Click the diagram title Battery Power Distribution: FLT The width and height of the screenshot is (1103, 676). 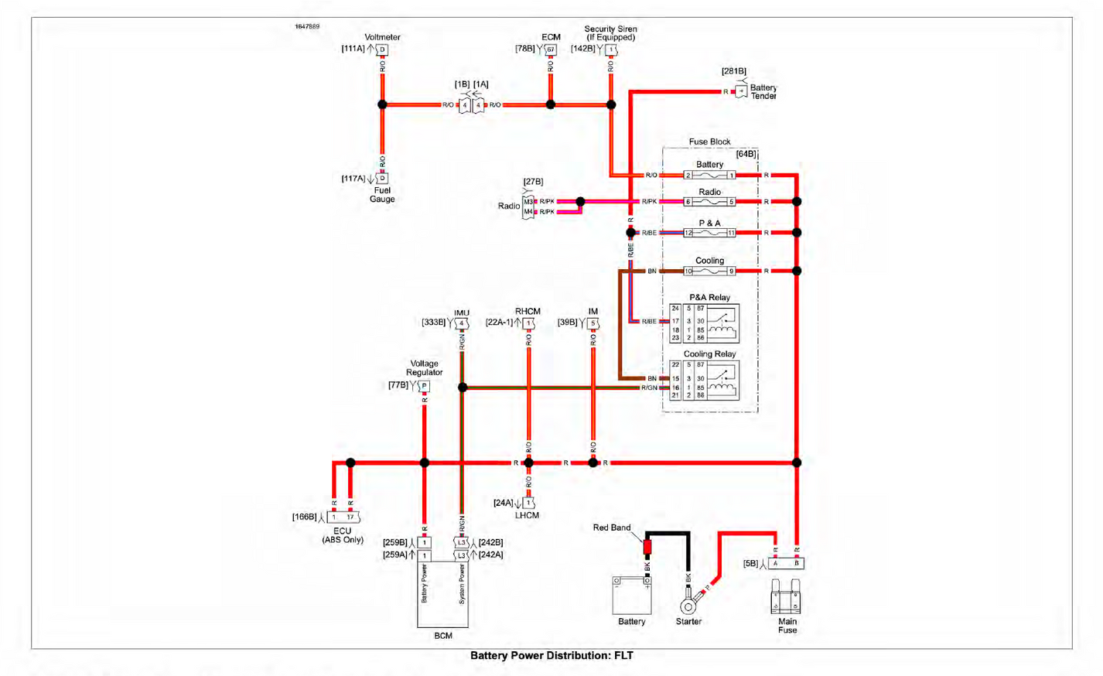pos(551,656)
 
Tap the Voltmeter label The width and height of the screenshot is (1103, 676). pos(382,37)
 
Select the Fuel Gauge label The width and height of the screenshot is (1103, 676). pos(382,195)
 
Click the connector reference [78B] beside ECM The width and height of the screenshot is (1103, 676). pos(525,49)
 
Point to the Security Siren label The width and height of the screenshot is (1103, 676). pos(610,33)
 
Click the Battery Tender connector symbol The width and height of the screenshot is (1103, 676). pos(741,91)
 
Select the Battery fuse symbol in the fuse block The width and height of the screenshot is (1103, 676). pos(709,176)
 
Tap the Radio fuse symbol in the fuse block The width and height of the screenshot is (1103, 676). pos(709,202)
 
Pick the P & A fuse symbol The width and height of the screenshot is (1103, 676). pos(709,233)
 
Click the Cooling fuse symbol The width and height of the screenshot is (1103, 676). pos(709,271)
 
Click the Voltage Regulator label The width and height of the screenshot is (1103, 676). pos(424,368)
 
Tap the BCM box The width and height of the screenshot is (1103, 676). pos(442,593)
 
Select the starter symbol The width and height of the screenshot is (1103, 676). pos(689,606)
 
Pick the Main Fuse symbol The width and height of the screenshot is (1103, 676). pos(786,597)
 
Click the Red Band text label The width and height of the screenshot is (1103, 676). pos(612,527)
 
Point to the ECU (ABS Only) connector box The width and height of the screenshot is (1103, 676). pos(343,517)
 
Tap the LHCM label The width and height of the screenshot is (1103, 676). pos(527,515)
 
